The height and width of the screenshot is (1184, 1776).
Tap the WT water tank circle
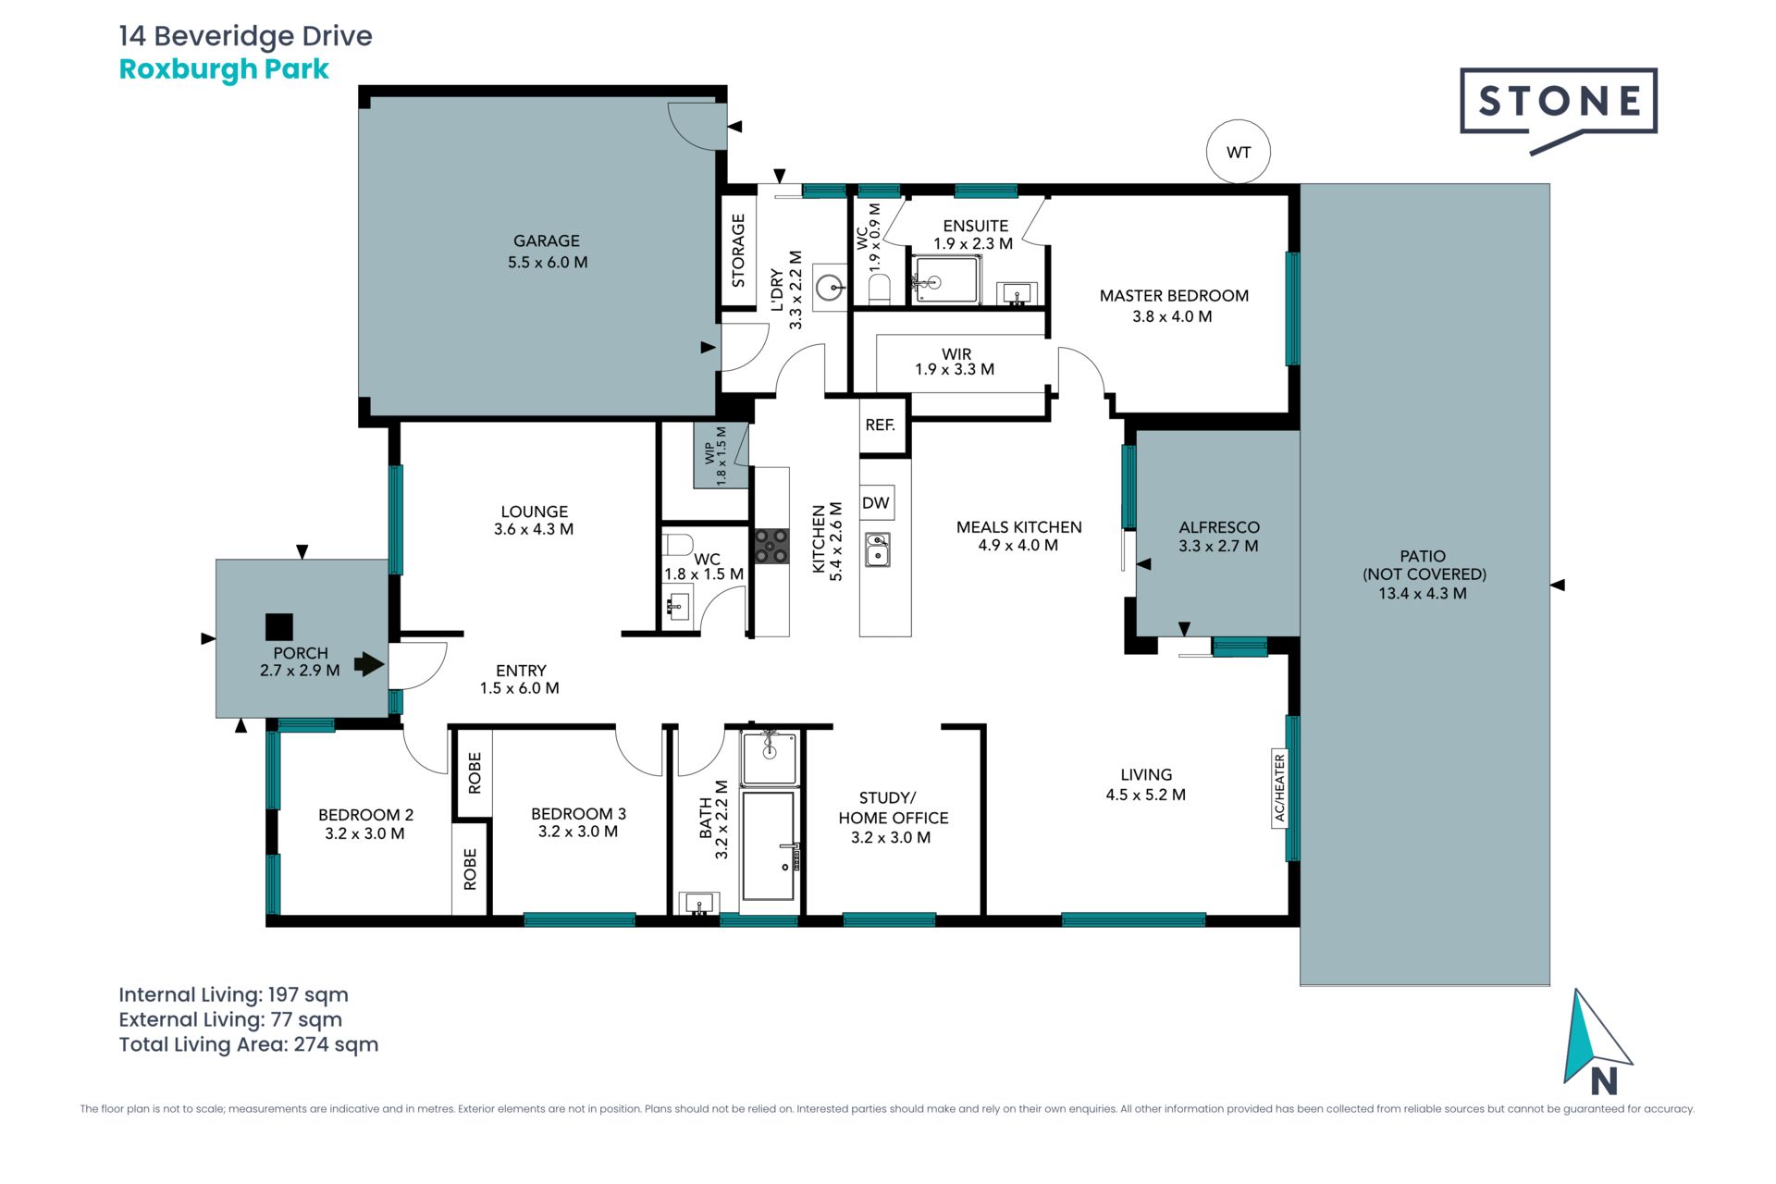point(1239,152)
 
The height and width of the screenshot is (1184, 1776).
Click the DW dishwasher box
point(876,502)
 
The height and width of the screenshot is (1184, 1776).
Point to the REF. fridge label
point(881,425)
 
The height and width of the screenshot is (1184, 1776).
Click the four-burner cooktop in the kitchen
point(771,546)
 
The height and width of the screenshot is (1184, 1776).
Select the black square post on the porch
point(279,627)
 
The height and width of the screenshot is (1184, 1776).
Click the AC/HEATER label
point(1280,788)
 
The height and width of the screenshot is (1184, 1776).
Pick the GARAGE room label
point(547,240)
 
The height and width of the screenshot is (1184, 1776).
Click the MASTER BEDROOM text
point(1174,296)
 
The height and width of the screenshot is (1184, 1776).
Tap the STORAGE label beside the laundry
point(738,251)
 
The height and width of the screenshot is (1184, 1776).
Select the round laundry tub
point(830,287)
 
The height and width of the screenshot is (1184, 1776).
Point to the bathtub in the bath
point(768,845)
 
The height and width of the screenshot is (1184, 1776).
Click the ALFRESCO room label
point(1219,527)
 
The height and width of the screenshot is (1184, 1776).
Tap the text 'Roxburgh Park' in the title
point(224,69)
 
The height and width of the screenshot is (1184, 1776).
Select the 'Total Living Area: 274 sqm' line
point(249,1044)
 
